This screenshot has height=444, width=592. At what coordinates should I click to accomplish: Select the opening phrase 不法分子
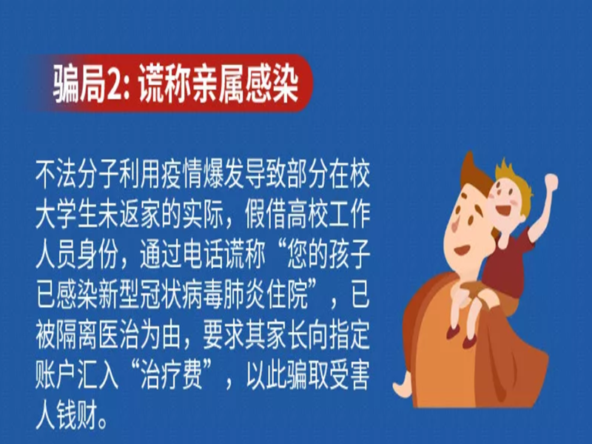[78, 175]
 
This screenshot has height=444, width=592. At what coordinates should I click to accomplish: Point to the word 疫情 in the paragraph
[182, 175]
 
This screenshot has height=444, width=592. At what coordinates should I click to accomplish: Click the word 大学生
[67, 216]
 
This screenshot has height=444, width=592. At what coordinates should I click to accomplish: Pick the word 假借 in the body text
[266, 216]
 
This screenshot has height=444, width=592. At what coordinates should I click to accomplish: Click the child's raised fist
[551, 182]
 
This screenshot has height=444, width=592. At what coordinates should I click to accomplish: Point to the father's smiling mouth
[461, 249]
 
